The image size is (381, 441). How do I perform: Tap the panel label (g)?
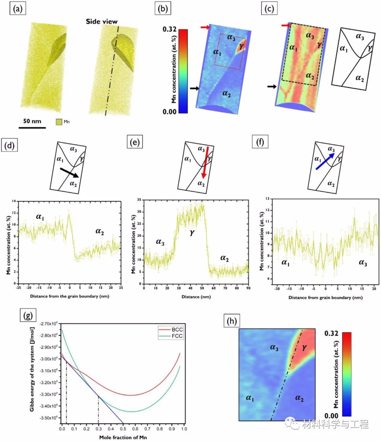pyautogui.click(x=28, y=316)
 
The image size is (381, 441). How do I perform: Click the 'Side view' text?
pyautogui.click(x=102, y=21)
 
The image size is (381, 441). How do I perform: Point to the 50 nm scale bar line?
pyautogui.click(x=32, y=127)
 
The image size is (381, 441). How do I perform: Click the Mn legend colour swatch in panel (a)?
pyautogui.click(x=59, y=122)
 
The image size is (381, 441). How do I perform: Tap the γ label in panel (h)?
pyautogui.click(x=304, y=348)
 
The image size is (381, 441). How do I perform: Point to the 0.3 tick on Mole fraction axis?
pyautogui.click(x=98, y=429)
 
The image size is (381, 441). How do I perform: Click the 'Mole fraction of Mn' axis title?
pyautogui.click(x=123, y=437)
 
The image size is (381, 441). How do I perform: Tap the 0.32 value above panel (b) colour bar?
pyautogui.click(x=169, y=29)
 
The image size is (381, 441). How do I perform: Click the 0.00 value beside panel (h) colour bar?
pyautogui.click(x=331, y=416)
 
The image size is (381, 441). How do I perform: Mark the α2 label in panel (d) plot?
pyautogui.click(x=99, y=231)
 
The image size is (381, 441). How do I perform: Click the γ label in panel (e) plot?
pyautogui.click(x=192, y=232)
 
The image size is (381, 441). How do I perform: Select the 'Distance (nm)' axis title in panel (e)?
pyautogui.click(x=196, y=297)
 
